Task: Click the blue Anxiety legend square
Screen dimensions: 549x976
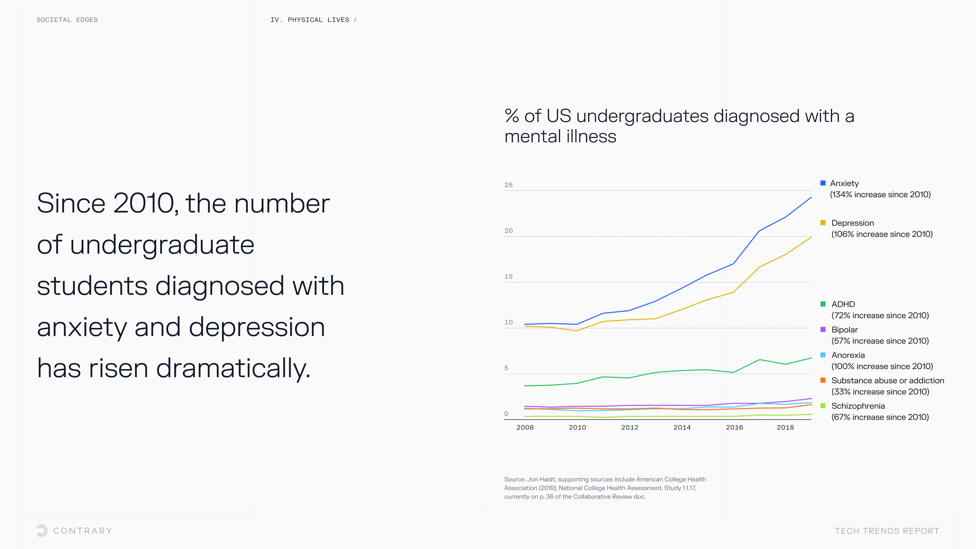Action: click(x=822, y=183)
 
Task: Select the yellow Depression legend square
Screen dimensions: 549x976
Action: click(x=822, y=223)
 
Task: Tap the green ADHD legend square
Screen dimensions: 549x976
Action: click(x=822, y=304)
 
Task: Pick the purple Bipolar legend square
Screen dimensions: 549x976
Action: click(x=822, y=330)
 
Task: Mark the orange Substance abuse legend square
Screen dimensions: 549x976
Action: click(x=822, y=380)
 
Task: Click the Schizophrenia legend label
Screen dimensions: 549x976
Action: click(x=858, y=406)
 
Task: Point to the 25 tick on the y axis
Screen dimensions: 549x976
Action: click(x=508, y=185)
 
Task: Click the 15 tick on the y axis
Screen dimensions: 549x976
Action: click(x=508, y=277)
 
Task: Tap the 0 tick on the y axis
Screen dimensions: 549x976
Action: click(x=506, y=414)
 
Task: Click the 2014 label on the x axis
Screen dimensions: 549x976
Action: click(x=682, y=427)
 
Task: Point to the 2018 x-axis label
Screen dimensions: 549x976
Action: click(x=785, y=427)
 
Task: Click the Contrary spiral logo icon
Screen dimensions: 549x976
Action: click(x=42, y=530)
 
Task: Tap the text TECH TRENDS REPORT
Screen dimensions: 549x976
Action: click(x=887, y=531)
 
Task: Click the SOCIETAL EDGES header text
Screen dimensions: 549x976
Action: click(x=67, y=20)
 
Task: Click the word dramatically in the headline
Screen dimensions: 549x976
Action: click(x=233, y=368)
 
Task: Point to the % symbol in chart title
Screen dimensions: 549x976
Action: click(x=511, y=116)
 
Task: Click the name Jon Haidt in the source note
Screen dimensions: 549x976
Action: click(x=541, y=479)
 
